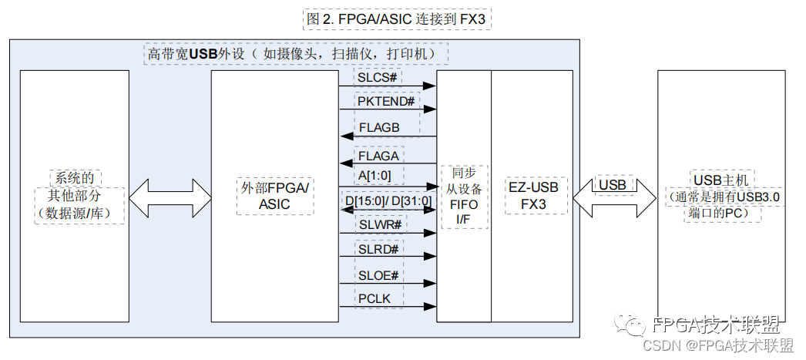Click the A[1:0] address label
coord(374,175)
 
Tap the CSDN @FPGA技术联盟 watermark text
coord(718,345)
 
